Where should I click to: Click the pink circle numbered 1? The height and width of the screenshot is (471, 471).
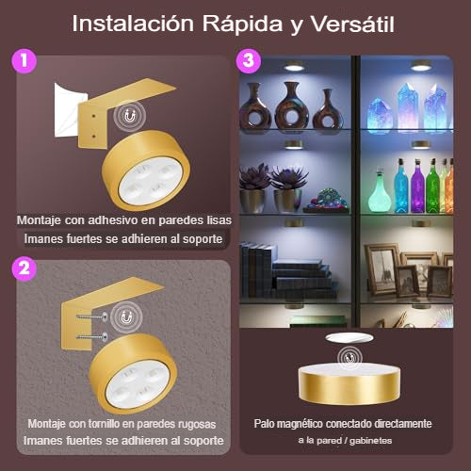(24, 60)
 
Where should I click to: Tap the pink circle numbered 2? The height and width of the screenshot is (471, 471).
(24, 268)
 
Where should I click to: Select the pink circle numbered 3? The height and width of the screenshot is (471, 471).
(249, 60)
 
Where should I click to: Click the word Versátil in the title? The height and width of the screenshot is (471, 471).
(352, 24)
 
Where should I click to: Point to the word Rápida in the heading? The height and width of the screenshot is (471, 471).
(242, 24)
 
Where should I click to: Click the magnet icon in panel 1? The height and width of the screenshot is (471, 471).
(129, 117)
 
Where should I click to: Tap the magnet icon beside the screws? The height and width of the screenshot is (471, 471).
(126, 317)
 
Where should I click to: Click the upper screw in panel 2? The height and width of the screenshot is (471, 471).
(92, 317)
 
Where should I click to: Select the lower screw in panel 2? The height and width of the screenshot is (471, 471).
(92, 337)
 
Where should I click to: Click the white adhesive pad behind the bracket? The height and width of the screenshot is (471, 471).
(68, 110)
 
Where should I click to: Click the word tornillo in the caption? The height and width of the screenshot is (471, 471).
(104, 424)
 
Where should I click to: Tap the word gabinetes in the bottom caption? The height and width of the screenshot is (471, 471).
(370, 441)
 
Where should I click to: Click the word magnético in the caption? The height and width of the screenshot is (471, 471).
(300, 424)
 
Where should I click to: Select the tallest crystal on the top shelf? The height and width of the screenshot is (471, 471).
(408, 106)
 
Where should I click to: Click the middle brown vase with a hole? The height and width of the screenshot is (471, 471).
(292, 106)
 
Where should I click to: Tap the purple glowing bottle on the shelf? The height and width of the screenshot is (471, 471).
(417, 187)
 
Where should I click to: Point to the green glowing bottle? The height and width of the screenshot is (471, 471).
(432, 187)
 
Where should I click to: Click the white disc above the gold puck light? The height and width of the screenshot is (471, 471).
(349, 338)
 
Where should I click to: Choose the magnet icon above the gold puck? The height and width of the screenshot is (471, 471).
(349, 357)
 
